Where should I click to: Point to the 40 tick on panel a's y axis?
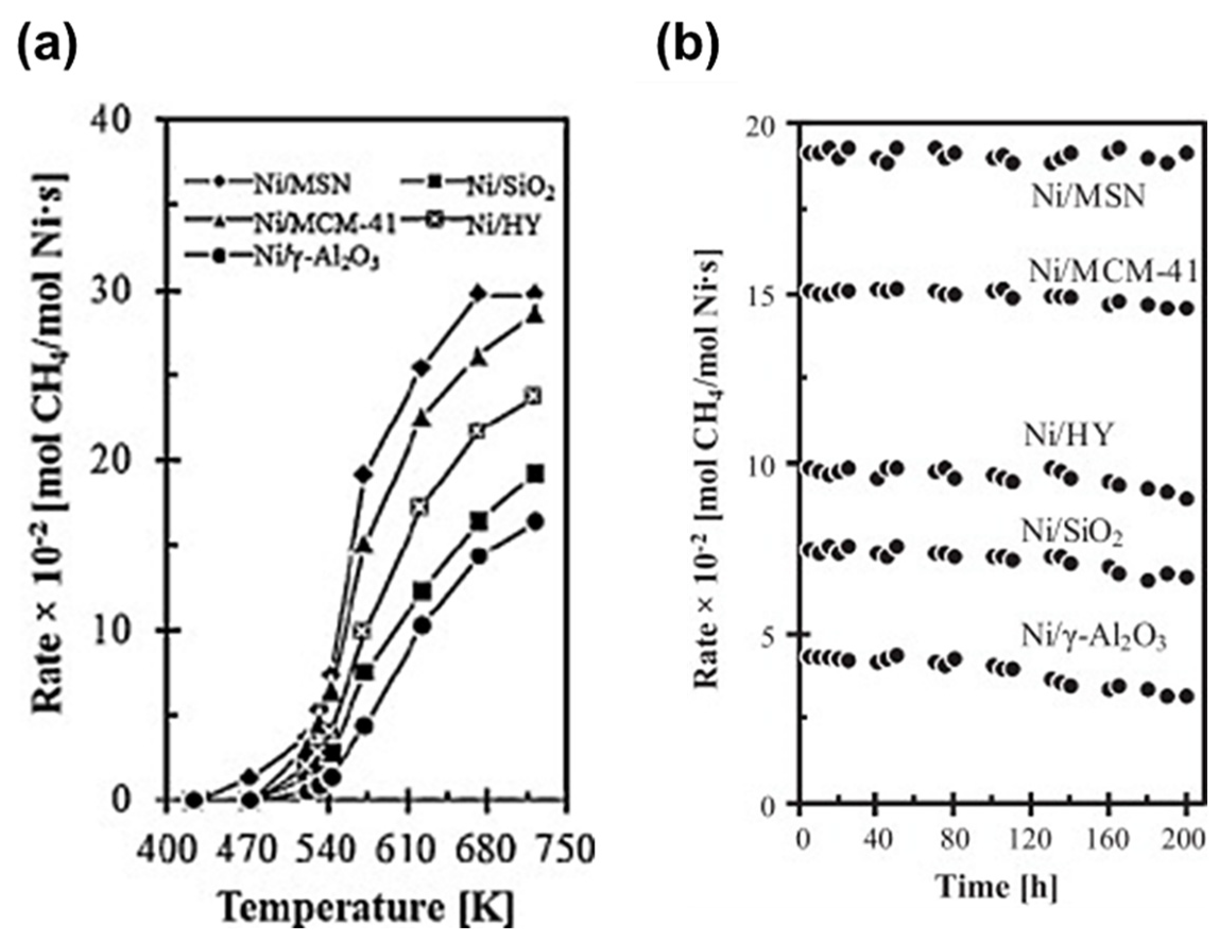114,120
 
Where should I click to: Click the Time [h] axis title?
996,887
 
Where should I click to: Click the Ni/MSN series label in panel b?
1087,196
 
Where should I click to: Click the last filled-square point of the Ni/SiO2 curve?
536,474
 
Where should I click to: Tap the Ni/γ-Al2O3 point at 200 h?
1186,696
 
